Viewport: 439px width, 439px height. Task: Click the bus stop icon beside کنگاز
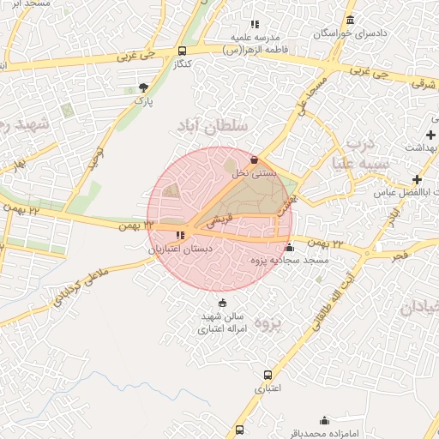180,51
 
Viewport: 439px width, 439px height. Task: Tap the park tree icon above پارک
143,87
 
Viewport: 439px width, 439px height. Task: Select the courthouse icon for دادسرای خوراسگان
350,20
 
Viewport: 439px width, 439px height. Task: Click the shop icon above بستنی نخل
254,159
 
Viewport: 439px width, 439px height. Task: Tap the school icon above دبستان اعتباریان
180,234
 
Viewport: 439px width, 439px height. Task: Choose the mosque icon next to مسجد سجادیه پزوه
289,248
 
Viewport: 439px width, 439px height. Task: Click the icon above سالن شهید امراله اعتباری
223,303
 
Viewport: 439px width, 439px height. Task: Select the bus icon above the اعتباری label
268,375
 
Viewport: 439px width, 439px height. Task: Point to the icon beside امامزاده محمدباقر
324,420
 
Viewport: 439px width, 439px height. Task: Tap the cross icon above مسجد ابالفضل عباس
417,179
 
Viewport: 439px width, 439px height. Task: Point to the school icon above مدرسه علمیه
254,24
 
